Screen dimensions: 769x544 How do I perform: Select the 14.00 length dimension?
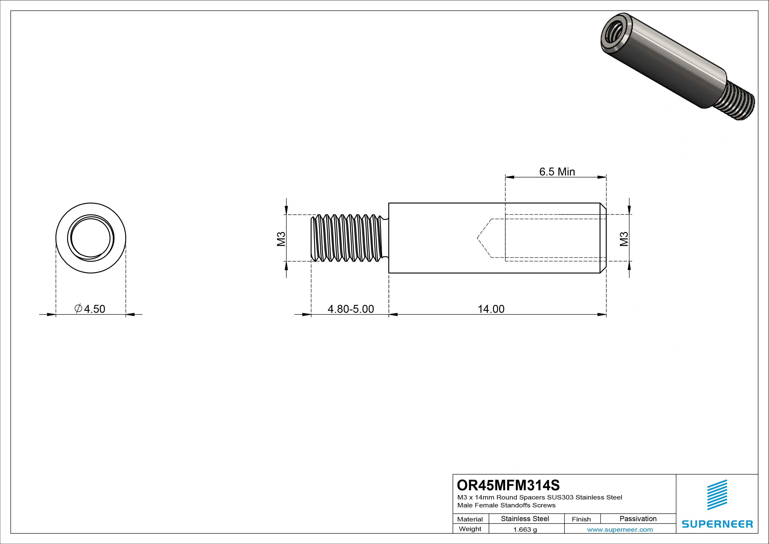[491, 309]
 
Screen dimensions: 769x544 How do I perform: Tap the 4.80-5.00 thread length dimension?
[351, 309]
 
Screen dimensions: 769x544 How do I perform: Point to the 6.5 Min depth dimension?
[557, 172]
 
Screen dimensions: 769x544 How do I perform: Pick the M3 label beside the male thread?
[281, 239]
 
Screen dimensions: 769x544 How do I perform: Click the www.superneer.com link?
[620, 530]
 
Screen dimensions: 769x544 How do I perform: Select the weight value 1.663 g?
[525, 530]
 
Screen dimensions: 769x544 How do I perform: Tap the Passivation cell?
[638, 519]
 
